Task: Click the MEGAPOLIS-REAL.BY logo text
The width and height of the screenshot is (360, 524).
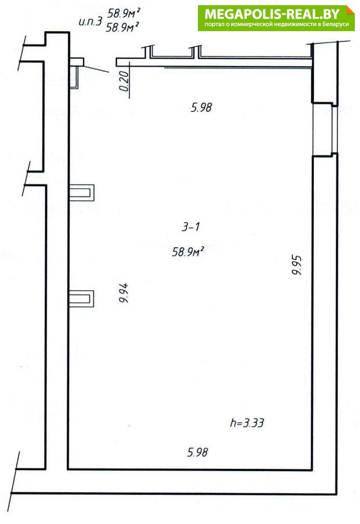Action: tap(272, 14)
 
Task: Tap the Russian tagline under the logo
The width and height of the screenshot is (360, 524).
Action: tap(276, 24)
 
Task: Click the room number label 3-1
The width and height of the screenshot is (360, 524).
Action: tap(191, 227)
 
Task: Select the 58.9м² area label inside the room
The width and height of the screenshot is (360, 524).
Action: tap(188, 251)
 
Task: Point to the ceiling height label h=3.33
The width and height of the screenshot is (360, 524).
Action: tap(247, 423)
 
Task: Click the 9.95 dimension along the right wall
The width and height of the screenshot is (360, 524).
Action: tap(297, 265)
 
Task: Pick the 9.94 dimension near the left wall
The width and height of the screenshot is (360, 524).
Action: tap(124, 293)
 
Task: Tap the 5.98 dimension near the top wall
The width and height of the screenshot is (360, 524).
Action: tap(201, 108)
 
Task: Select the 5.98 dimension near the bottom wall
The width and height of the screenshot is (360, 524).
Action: tap(197, 452)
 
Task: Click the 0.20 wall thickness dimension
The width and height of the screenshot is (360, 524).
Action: tap(124, 81)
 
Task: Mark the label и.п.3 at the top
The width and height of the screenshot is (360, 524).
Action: tap(90, 22)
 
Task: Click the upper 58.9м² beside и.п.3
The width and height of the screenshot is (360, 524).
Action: tap(123, 13)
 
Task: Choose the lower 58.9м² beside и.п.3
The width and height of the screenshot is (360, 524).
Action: tap(122, 26)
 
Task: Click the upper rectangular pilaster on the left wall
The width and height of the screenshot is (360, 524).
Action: tap(81, 193)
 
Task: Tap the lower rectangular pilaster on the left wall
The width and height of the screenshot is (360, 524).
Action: tap(81, 299)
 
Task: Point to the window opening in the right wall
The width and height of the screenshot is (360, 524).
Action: tap(324, 130)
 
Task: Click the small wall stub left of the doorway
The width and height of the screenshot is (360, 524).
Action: tap(76, 62)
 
